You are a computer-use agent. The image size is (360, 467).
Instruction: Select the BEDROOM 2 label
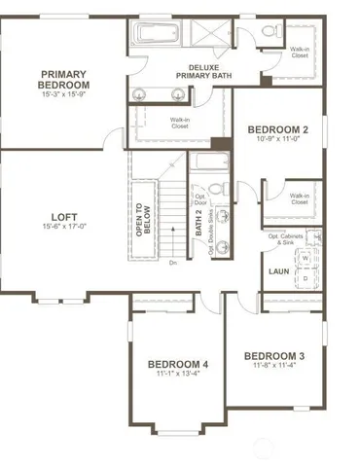tap(277, 128)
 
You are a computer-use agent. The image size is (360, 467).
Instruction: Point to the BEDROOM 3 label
tap(274, 355)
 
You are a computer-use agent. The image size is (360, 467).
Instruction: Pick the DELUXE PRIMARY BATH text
tap(202, 71)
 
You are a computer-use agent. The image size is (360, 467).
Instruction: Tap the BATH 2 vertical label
tap(198, 225)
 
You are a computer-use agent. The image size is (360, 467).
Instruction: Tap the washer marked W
tap(305, 259)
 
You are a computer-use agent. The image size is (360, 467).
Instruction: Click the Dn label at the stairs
tap(172, 263)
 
